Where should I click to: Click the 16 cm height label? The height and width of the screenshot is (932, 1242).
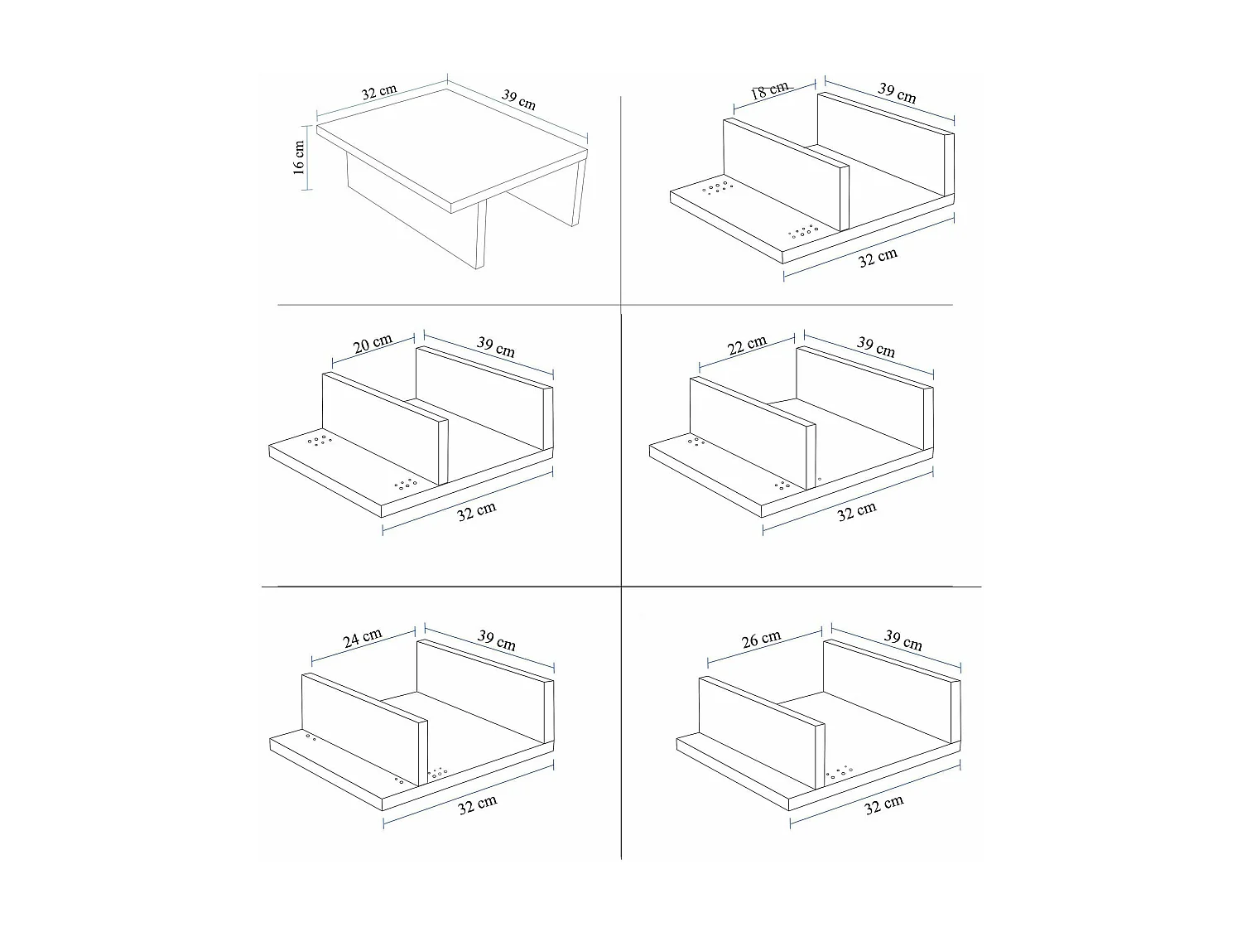click(299, 157)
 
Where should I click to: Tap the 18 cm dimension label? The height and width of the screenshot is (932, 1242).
click(770, 90)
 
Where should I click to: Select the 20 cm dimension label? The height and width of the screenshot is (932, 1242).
click(373, 343)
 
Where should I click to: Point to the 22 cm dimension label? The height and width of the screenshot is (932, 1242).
click(747, 345)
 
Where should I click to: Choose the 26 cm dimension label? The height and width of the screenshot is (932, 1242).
click(761, 640)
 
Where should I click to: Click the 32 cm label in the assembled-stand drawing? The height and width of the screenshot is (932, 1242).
click(379, 92)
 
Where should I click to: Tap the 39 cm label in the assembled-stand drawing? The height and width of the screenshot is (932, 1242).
click(519, 99)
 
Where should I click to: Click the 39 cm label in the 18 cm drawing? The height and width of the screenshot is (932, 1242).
click(897, 93)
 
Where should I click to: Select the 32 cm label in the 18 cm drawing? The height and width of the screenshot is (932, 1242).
click(877, 258)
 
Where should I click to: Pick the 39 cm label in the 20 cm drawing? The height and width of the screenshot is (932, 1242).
click(495, 346)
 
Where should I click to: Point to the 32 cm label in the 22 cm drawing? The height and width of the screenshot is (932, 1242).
click(856, 511)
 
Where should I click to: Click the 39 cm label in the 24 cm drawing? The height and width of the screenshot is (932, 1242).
click(496, 640)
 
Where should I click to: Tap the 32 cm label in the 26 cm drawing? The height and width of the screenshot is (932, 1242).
click(883, 804)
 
